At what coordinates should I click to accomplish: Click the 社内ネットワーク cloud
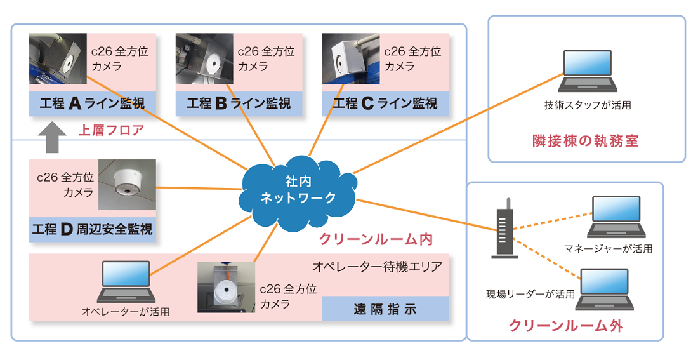click(298, 190)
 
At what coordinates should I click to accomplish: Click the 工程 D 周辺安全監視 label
click(93, 229)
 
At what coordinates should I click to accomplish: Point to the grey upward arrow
click(53, 137)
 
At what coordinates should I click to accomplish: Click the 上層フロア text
click(111, 131)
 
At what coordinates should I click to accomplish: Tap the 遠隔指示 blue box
click(385, 309)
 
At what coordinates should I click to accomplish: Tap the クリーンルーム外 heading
click(566, 326)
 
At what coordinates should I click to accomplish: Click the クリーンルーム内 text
click(375, 240)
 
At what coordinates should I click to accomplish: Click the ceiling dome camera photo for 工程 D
click(127, 184)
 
